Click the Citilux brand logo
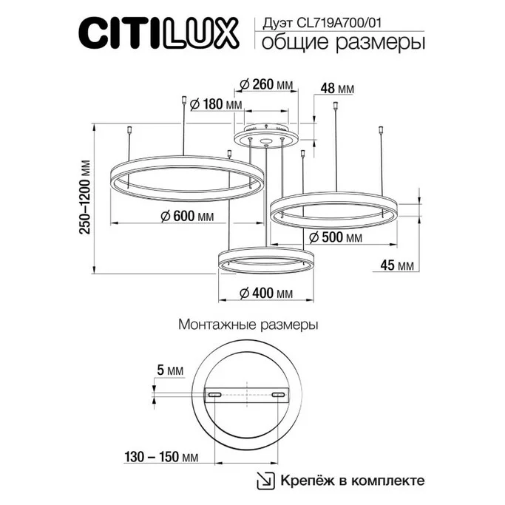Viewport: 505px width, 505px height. coord(158,34)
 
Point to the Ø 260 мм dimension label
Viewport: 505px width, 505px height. coord(262,84)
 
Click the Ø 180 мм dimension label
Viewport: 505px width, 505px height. coord(216,104)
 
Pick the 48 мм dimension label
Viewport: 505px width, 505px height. coord(337,89)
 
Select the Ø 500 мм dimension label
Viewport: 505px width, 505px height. coord(335,237)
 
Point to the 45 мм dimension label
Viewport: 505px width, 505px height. coord(398,265)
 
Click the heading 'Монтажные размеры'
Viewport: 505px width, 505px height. coord(248,325)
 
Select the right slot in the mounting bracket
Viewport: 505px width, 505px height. coord(278,396)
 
